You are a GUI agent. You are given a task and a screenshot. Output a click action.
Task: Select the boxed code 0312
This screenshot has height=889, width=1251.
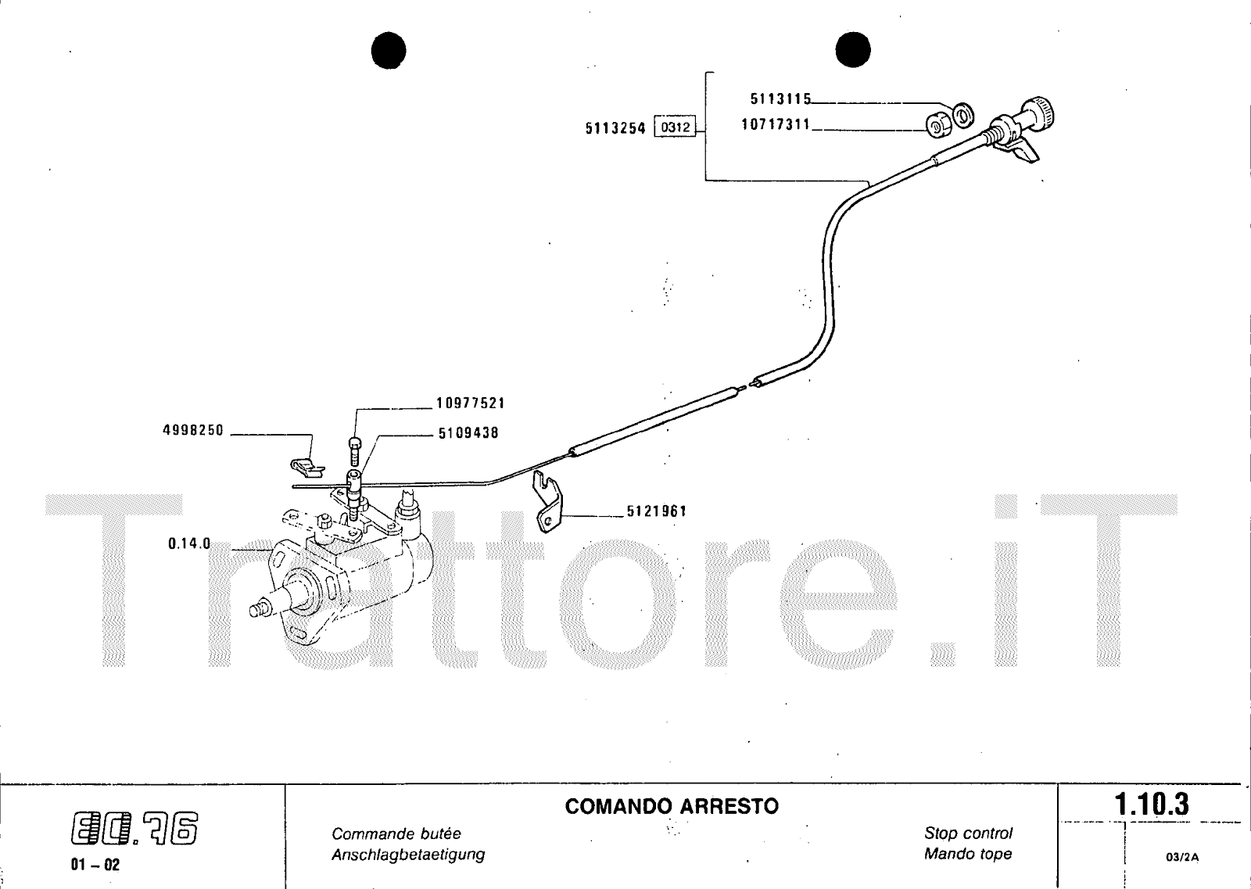tap(674, 127)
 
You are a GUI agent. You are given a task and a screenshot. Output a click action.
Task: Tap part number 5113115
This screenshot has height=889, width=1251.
tap(780, 99)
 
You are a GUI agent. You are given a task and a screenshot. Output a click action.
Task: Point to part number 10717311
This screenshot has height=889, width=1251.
tap(776, 124)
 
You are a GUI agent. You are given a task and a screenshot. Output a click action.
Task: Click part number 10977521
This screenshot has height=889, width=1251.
tap(470, 403)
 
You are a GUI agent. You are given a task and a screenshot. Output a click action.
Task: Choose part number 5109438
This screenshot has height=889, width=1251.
tap(468, 432)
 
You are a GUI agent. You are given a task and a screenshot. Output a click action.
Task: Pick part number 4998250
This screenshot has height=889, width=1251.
tap(193, 430)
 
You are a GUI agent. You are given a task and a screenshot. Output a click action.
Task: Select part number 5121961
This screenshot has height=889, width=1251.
tap(656, 511)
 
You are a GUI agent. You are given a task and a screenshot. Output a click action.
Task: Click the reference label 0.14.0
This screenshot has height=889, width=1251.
tap(189, 543)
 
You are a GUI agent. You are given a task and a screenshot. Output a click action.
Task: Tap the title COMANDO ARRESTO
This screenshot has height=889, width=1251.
tap(672, 806)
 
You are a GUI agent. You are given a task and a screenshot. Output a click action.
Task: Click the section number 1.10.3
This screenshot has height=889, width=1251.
tap(1151, 805)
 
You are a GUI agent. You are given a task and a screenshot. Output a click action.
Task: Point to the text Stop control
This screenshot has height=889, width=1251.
tap(968, 833)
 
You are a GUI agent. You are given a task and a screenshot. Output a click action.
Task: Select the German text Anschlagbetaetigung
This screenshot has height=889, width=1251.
tap(408, 855)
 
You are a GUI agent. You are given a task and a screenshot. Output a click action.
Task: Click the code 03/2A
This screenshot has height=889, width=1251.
tap(1181, 857)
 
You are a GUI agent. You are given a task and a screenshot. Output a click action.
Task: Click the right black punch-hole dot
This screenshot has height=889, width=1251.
tap(852, 50)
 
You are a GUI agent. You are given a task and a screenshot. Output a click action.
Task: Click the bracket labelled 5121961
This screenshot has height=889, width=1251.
tap(549, 500)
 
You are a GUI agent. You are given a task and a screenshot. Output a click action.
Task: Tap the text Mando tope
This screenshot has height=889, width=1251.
tap(968, 854)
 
